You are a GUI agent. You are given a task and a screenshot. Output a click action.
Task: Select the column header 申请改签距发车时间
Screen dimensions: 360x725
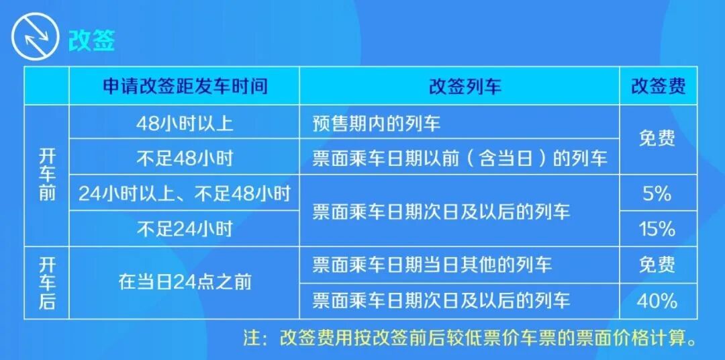coord(185,87)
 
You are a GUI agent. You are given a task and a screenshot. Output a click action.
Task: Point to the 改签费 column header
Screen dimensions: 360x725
coord(658,87)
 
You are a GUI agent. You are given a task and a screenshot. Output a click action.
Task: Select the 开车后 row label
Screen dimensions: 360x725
coord(47,282)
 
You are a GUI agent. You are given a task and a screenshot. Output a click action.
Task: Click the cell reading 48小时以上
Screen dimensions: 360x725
coord(185,123)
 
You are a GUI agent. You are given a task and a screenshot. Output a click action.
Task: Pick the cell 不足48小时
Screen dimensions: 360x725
coord(185,159)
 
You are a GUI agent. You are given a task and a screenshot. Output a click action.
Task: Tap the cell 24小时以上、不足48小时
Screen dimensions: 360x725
coord(185,194)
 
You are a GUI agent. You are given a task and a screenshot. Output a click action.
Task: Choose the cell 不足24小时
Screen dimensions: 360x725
coord(185,229)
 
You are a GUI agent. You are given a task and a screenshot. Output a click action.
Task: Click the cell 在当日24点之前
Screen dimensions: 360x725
coord(185,282)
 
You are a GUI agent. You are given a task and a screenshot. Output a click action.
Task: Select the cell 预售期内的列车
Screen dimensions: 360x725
coord(377,123)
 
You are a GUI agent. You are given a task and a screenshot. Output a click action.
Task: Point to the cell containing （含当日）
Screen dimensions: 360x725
coord(460,159)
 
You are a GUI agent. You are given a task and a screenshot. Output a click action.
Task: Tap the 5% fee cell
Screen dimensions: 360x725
coord(657,194)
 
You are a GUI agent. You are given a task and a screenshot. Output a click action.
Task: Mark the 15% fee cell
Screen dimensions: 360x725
coord(657,229)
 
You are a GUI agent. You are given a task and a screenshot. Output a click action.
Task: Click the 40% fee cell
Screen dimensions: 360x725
coord(657,300)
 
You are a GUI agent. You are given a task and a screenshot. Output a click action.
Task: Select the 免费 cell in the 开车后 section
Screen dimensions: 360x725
coord(657,265)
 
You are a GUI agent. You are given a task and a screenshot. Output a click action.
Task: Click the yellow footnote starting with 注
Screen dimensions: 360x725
coord(470,337)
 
